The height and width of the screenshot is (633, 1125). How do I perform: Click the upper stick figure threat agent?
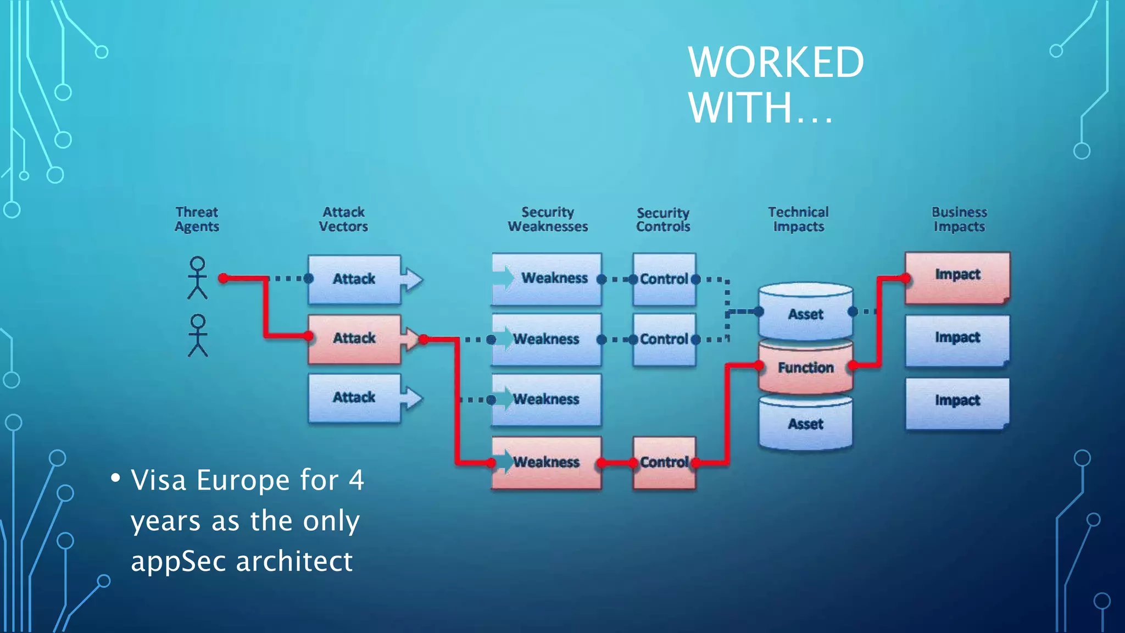point(197,277)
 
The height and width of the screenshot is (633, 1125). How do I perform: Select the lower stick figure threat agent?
point(198,335)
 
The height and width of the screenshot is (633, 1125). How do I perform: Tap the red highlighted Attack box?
point(354,338)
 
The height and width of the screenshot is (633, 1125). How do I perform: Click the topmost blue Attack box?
point(354,279)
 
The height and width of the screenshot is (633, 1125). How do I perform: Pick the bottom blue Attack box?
point(354,398)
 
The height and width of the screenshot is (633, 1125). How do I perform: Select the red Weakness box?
point(546,462)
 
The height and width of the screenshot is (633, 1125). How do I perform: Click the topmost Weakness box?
point(546,279)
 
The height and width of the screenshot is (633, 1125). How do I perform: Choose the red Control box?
point(664,462)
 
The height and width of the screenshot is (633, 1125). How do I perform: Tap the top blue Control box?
point(664,279)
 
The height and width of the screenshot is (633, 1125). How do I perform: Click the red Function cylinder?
point(805,367)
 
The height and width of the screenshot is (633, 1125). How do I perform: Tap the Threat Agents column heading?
point(197,219)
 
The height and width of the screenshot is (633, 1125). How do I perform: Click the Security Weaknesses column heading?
point(548,219)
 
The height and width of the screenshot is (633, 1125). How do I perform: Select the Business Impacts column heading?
point(959,219)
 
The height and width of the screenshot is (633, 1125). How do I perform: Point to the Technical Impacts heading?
point(798,219)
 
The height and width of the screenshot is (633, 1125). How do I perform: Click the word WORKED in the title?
point(776,62)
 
